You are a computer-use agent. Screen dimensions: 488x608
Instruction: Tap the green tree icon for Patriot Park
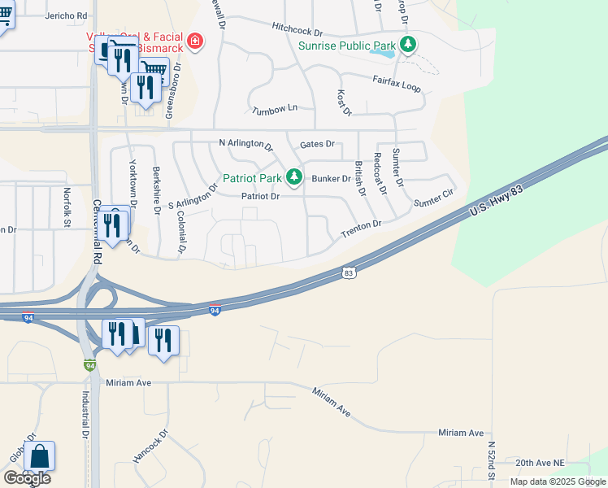coord(293,176)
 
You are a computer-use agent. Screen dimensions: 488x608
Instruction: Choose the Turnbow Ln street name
coord(275,108)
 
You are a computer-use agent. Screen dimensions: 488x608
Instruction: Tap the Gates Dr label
coord(317,144)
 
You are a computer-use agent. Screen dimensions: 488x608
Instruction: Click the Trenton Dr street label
coord(361,229)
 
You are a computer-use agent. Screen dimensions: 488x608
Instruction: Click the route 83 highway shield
coord(349,273)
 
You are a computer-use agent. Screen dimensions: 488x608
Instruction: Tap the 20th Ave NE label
coord(540,462)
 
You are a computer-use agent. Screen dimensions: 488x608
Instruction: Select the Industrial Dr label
coord(85,414)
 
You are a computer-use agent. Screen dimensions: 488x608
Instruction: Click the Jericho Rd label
coord(67,15)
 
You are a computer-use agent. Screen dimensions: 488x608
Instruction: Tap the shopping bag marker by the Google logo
coord(39,459)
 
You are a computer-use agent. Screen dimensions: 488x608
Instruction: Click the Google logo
coord(27,478)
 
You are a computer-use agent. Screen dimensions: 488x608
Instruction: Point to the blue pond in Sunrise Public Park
coord(383,54)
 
